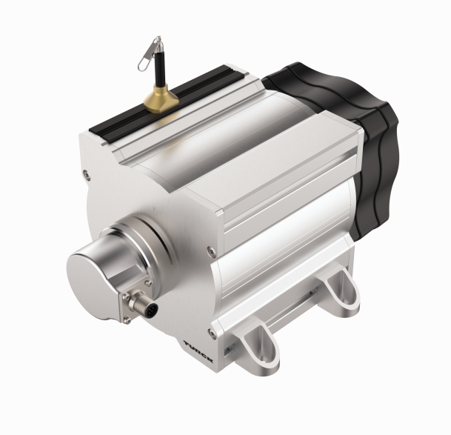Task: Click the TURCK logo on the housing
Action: coord(198,352)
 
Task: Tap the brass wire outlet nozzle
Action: coord(161,99)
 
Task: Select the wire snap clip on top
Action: coord(149,54)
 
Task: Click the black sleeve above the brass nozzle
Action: coord(160,69)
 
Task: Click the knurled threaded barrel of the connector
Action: coord(141,303)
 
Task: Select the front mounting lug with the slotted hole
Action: coord(260,349)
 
